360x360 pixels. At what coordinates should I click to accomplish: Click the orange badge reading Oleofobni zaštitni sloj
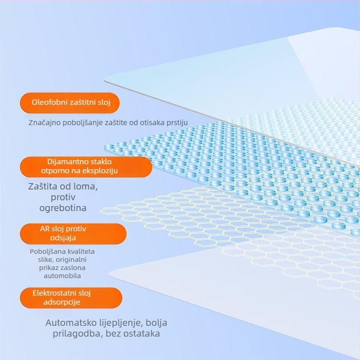coord(70,103)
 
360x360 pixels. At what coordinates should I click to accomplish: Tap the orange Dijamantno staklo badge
coord(86,167)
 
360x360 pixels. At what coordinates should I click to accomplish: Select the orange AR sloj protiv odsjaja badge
coord(73,234)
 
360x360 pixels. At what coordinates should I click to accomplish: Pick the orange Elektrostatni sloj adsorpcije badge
coord(71,298)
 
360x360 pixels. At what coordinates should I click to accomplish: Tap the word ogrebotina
coord(63,208)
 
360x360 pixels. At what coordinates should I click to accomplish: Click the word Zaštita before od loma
coord(43,186)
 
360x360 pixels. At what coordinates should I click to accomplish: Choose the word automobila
coord(62,276)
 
